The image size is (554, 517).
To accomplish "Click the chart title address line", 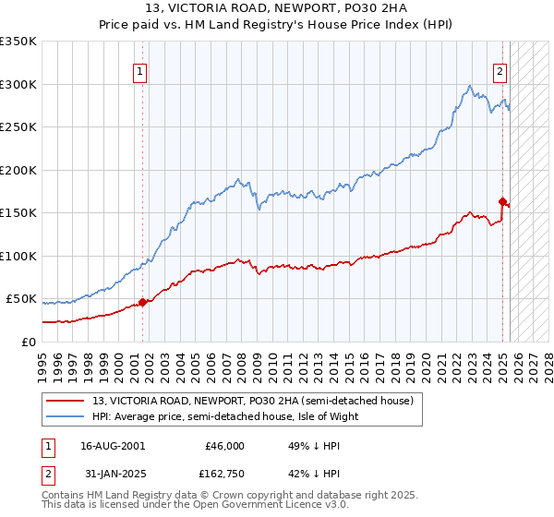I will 276,7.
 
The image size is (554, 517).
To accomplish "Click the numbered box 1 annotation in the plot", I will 140,70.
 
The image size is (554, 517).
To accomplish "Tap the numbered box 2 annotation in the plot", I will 500,70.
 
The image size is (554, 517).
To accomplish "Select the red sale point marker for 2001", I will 142,302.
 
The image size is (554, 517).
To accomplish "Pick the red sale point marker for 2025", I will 502,201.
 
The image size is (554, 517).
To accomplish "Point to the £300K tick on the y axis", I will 18,84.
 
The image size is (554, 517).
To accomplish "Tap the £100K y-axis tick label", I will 18,256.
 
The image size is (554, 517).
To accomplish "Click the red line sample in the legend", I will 66,401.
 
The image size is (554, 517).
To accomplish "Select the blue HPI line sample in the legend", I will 66,416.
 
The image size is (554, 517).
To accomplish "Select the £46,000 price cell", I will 223,446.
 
